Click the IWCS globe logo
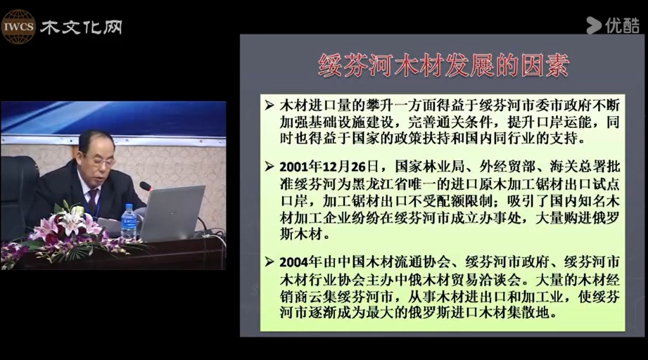[18, 27]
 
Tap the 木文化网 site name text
[81, 27]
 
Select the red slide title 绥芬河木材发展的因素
[443, 65]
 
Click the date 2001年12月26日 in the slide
[329, 167]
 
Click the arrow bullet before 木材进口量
[269, 105]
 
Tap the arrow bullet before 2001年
[269, 167]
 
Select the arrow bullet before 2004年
[269, 262]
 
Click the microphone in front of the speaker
[146, 186]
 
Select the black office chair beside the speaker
[18, 194]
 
